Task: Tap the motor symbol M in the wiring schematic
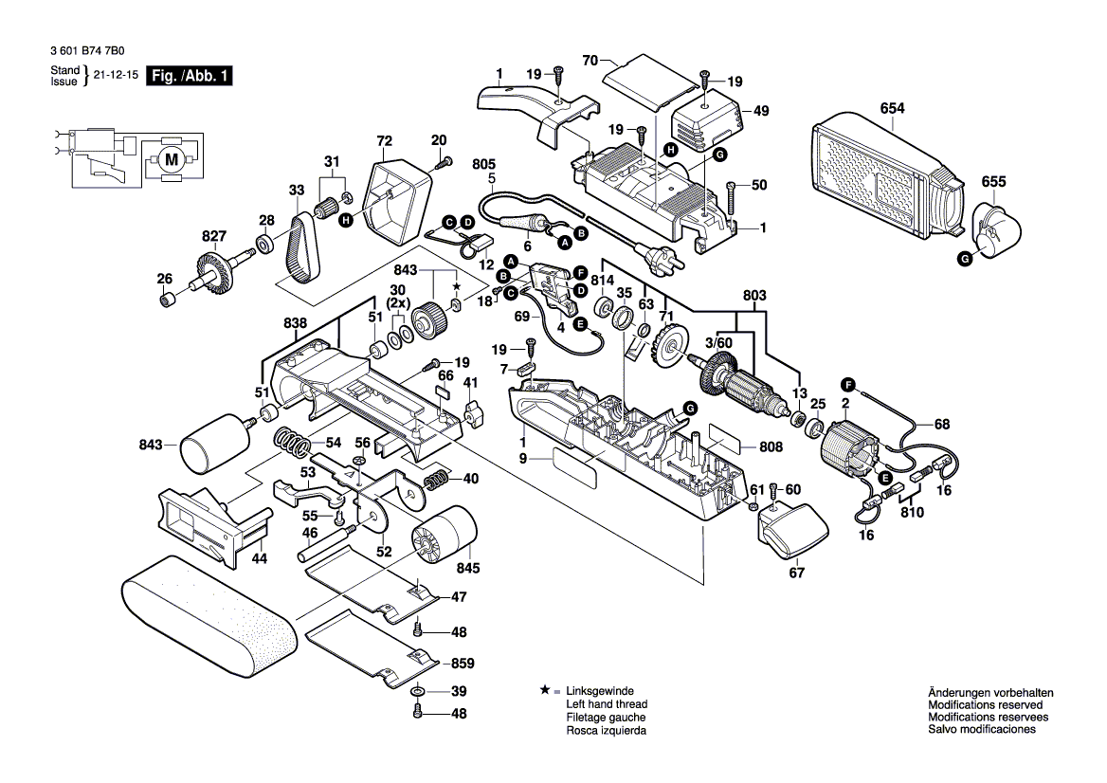(x=171, y=159)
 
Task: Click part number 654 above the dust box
(x=892, y=108)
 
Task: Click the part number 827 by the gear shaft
(x=214, y=235)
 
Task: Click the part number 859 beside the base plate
(x=462, y=664)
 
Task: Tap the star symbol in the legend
(x=544, y=691)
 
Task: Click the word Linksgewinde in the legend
(x=599, y=691)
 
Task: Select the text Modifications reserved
(x=985, y=705)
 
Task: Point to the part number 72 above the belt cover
(x=384, y=141)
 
